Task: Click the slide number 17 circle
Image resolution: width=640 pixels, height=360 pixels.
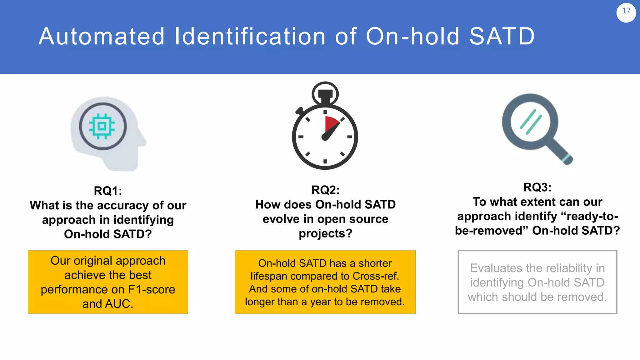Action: coord(626,12)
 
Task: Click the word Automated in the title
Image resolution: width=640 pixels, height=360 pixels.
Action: coord(102,37)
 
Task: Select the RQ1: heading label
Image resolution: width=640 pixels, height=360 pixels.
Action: coord(108,191)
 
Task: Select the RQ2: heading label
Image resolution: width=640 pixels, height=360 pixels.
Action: coord(325,190)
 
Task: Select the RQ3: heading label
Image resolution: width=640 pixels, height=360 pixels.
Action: coord(537,187)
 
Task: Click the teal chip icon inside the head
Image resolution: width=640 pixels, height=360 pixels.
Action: coord(102,126)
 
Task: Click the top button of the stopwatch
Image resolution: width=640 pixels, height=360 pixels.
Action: coord(325,94)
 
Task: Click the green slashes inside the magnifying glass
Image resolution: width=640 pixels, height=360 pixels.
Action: coord(531,122)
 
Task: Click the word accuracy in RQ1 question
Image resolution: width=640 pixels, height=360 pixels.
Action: coord(123,206)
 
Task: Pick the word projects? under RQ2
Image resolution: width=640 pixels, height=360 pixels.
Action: coord(325,233)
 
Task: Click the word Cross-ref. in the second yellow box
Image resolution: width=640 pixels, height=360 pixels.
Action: coord(376,276)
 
